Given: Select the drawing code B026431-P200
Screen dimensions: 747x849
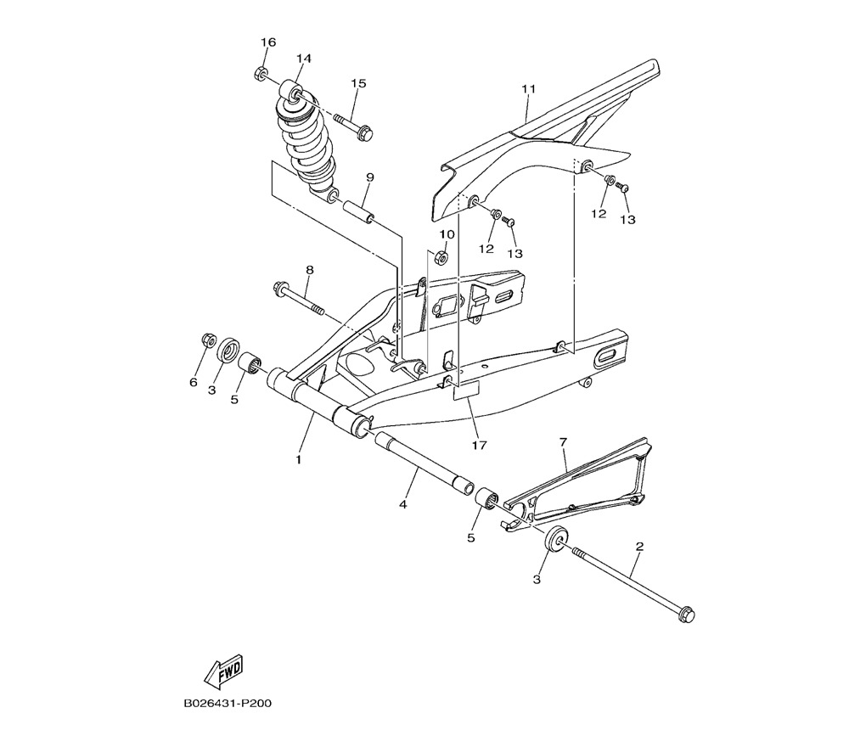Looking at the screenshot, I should pos(227,705).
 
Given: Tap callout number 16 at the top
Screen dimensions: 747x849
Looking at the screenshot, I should pos(268,42).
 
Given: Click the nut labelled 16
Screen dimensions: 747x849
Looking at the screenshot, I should pos(262,73).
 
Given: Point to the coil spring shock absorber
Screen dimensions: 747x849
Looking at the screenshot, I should pos(307,140).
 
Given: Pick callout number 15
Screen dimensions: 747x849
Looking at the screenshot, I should pos(358,83).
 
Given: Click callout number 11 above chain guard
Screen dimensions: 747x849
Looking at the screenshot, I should pos(529,89).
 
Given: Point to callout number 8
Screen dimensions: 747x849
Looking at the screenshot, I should pos(310,270).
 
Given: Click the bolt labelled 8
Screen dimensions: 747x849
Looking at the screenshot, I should pos(298,299).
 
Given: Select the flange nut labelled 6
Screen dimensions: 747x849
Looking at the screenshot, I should pos(205,340).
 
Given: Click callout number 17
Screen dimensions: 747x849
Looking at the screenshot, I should pos(479,444).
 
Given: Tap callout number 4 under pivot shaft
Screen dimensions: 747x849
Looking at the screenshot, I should pos(403,504).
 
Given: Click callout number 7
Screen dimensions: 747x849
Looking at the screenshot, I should pos(562,442).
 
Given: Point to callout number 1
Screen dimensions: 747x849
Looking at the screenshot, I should pos(298,459).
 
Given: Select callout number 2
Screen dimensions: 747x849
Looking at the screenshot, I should pos(638,547).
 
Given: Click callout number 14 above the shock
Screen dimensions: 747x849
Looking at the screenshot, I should pos(304,58).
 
